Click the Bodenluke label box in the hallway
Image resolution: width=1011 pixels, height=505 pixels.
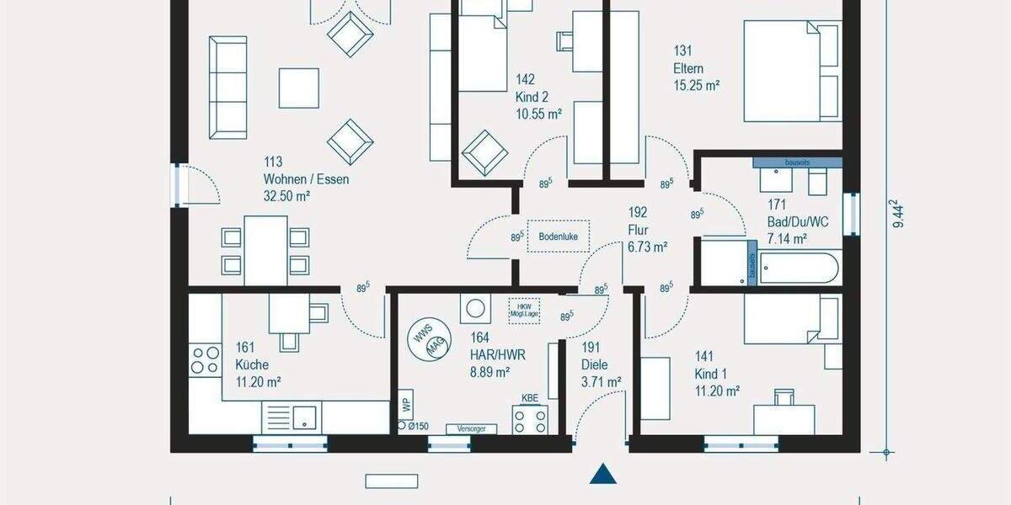click(559, 237)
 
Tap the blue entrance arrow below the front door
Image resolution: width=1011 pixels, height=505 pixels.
click(603, 475)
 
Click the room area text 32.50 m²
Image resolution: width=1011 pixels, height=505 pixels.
click(286, 195)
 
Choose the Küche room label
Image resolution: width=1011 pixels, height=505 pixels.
click(253, 364)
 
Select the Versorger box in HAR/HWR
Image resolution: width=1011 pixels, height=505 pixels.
click(471, 428)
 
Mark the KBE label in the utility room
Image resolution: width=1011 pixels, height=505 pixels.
click(529, 397)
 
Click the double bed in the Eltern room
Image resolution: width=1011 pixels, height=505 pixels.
click(792, 71)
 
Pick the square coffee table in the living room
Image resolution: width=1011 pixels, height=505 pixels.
click(299, 88)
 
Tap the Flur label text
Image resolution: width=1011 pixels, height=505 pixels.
click(637, 229)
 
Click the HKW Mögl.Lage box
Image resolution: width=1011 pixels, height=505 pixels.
click(524, 310)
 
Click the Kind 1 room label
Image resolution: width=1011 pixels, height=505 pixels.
click(710, 374)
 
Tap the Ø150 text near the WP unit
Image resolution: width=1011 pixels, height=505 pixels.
click(418, 427)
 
